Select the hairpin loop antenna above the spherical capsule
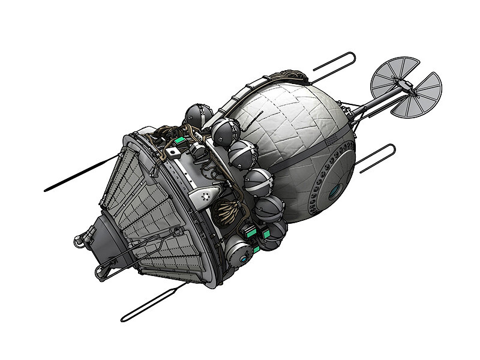coord(334,67)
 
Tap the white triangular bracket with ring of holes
coord(205,196)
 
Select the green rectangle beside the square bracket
coord(178,142)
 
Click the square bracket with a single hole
coord(174,153)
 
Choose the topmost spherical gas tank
coord(197,115)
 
